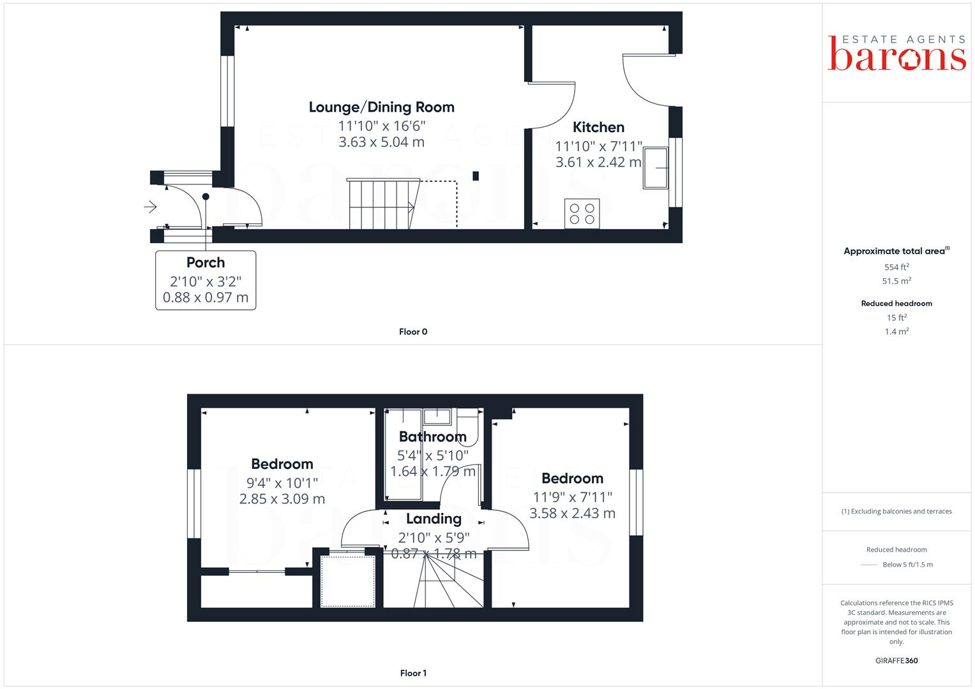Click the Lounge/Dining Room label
click(381, 107)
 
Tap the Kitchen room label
click(598, 127)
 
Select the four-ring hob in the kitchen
click(582, 213)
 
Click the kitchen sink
click(655, 168)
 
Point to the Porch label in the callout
click(206, 262)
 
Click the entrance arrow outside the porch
click(151, 207)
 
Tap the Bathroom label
click(432, 437)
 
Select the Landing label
click(434, 519)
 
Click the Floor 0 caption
click(413, 332)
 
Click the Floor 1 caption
click(413, 673)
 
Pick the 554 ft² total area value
click(896, 267)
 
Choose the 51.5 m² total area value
click(896, 281)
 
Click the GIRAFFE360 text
click(896, 660)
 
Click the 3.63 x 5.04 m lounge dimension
click(381, 142)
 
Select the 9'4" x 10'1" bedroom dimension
click(282, 482)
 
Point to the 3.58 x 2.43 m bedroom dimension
click(572, 513)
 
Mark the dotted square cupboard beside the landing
click(348, 581)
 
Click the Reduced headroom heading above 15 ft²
click(896, 304)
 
